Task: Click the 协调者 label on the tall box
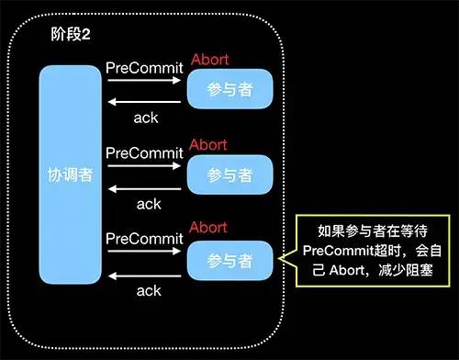click(70, 174)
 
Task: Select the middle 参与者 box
click(229, 174)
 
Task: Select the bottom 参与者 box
click(229, 260)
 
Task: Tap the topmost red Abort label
click(209, 61)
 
